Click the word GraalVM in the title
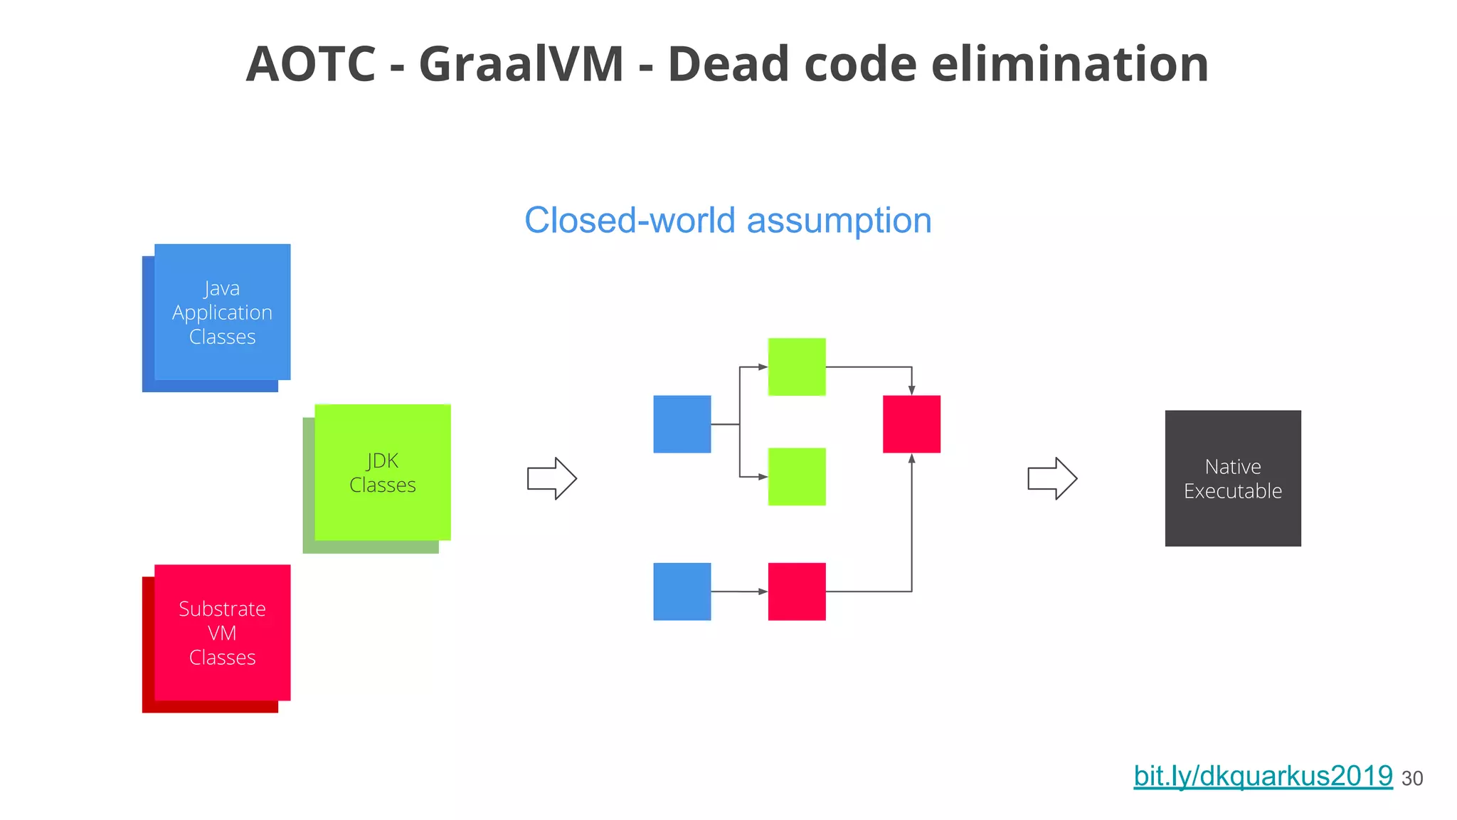tap(521, 64)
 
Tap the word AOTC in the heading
tap(310, 64)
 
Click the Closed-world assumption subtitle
tap(728, 221)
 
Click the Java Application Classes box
tap(222, 312)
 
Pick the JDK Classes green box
tap(382, 473)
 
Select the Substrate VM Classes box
tap(222, 633)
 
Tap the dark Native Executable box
tap(1232, 478)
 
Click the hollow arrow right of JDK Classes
tap(551, 478)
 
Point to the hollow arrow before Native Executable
tap(1052, 478)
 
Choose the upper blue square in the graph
tap(682, 424)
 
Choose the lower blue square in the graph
tap(682, 592)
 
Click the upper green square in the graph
tap(797, 367)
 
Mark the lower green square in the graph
tap(797, 476)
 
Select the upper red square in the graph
tap(911, 424)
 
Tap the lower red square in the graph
tap(797, 592)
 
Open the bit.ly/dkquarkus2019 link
tap(1263, 776)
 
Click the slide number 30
tap(1412, 779)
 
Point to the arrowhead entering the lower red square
tap(763, 592)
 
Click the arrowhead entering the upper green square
tap(763, 367)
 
